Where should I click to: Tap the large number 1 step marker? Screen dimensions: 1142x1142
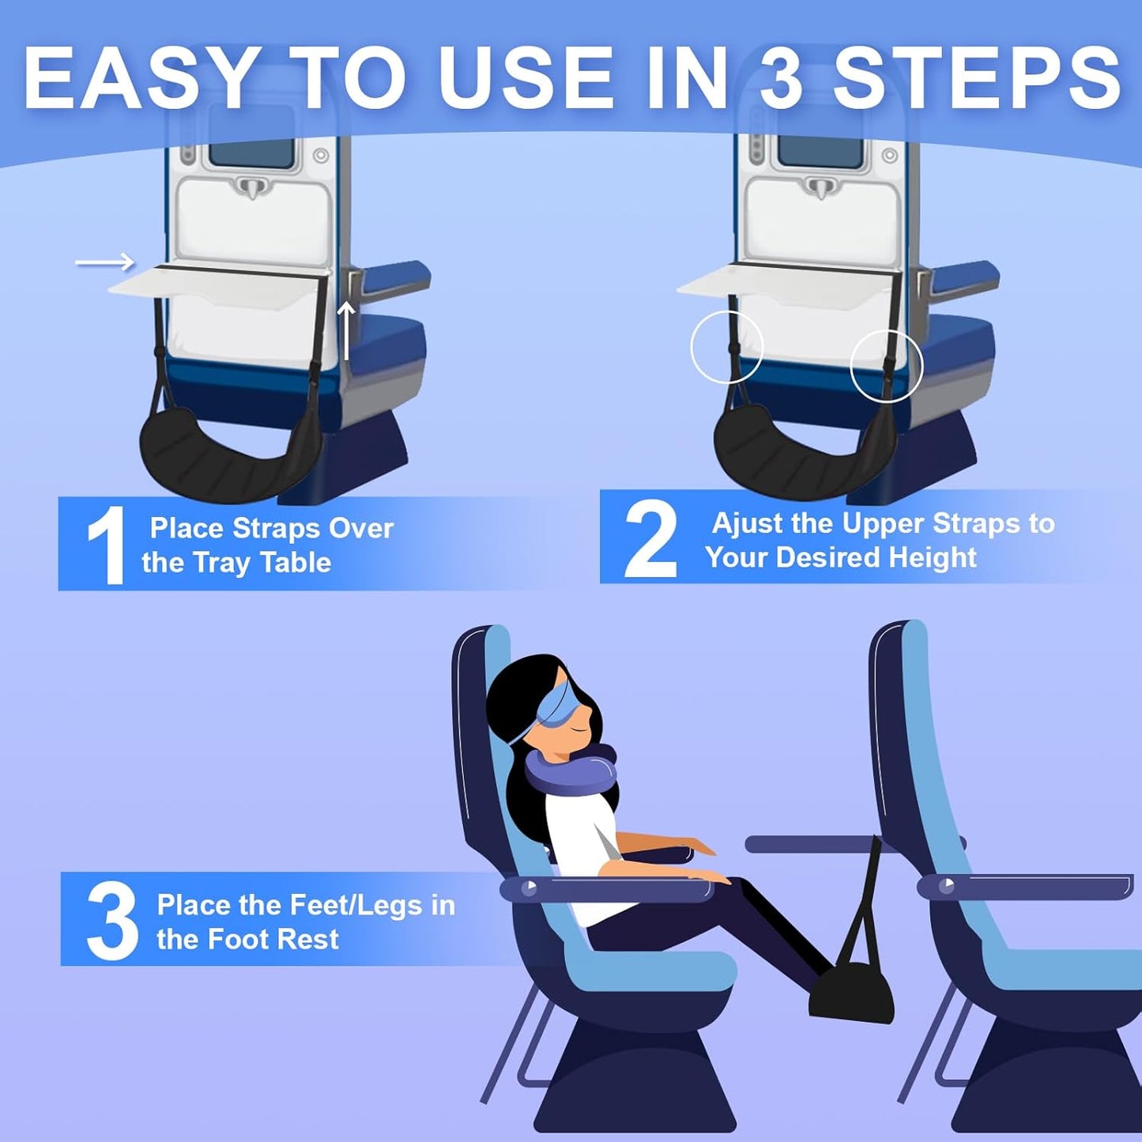(105, 545)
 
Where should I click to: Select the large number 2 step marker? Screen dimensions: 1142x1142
(650, 541)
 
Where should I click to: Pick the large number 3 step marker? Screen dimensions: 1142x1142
(111, 922)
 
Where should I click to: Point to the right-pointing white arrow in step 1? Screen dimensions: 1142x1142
(104, 262)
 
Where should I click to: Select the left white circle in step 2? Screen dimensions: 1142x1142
(726, 347)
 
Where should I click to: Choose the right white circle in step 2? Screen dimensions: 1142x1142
(886, 366)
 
